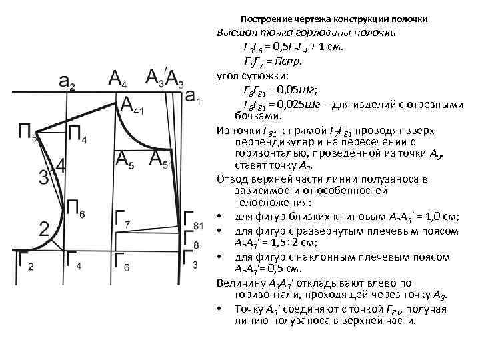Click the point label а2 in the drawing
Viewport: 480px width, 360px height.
coord(67,83)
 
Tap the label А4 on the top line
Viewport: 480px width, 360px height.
coord(119,79)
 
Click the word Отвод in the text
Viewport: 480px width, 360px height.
coord(233,179)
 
